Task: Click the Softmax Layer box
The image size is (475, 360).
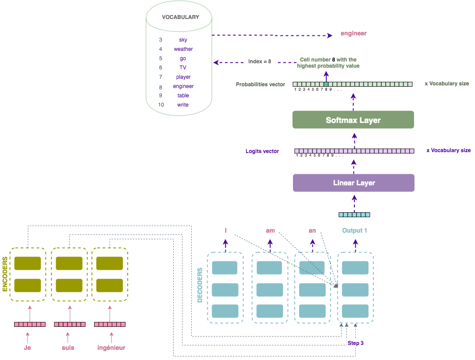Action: pos(353,120)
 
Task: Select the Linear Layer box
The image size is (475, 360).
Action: pos(353,183)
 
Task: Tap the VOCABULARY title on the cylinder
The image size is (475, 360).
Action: pos(180,17)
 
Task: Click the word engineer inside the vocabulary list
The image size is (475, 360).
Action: pos(183,86)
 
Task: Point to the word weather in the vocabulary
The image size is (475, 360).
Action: pos(183,49)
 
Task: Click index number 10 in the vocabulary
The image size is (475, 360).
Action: pos(161,105)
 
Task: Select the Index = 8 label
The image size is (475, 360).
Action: pos(259,61)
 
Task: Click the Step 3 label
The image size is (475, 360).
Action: pos(356,343)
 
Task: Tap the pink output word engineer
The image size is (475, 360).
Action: pos(353,33)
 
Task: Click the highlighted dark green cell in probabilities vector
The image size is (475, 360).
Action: pos(326,84)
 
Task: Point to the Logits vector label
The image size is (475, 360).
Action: pos(262,151)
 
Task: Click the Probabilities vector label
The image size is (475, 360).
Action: pos(260,84)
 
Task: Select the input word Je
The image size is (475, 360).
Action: pos(27,348)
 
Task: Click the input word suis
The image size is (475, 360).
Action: pos(68,348)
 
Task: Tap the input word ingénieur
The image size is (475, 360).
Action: pos(111,348)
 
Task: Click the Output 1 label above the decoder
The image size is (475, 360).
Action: pos(354,230)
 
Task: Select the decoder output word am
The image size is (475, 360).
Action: pos(270,230)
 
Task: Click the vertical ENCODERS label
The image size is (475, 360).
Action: pos(5,274)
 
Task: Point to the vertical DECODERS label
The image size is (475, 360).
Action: pos(199,285)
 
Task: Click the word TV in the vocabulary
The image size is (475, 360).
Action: pos(183,68)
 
